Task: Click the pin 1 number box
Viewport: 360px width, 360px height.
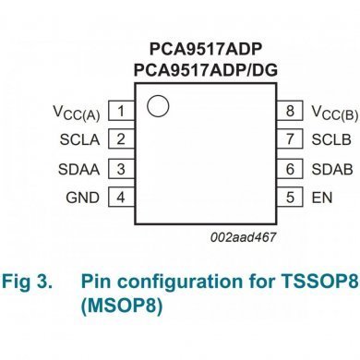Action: pyautogui.click(x=120, y=113)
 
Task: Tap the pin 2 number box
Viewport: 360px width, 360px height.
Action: pyautogui.click(x=120, y=141)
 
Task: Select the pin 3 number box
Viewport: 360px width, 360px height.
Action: pyautogui.click(x=120, y=170)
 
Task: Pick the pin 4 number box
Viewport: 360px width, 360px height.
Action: pyautogui.click(x=120, y=198)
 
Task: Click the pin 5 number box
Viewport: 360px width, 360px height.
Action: pyautogui.click(x=290, y=198)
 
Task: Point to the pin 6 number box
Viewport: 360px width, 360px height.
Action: pyautogui.click(x=290, y=170)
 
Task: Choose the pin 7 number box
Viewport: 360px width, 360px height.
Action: pyautogui.click(x=290, y=141)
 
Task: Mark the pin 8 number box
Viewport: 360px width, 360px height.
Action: pyautogui.click(x=290, y=113)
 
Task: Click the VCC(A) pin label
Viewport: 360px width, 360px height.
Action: pyautogui.click(x=78, y=114)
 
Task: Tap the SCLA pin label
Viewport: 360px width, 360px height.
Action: pyautogui.click(x=81, y=141)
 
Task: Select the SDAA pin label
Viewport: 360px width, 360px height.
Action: pyautogui.click(x=81, y=170)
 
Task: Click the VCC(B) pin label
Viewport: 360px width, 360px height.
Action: pyautogui.click(x=333, y=114)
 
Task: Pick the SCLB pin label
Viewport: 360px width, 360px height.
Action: pyautogui.click(x=330, y=141)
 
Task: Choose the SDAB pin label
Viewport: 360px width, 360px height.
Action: pyautogui.click(x=330, y=170)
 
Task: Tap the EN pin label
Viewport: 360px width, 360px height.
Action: pyautogui.click(x=321, y=198)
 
